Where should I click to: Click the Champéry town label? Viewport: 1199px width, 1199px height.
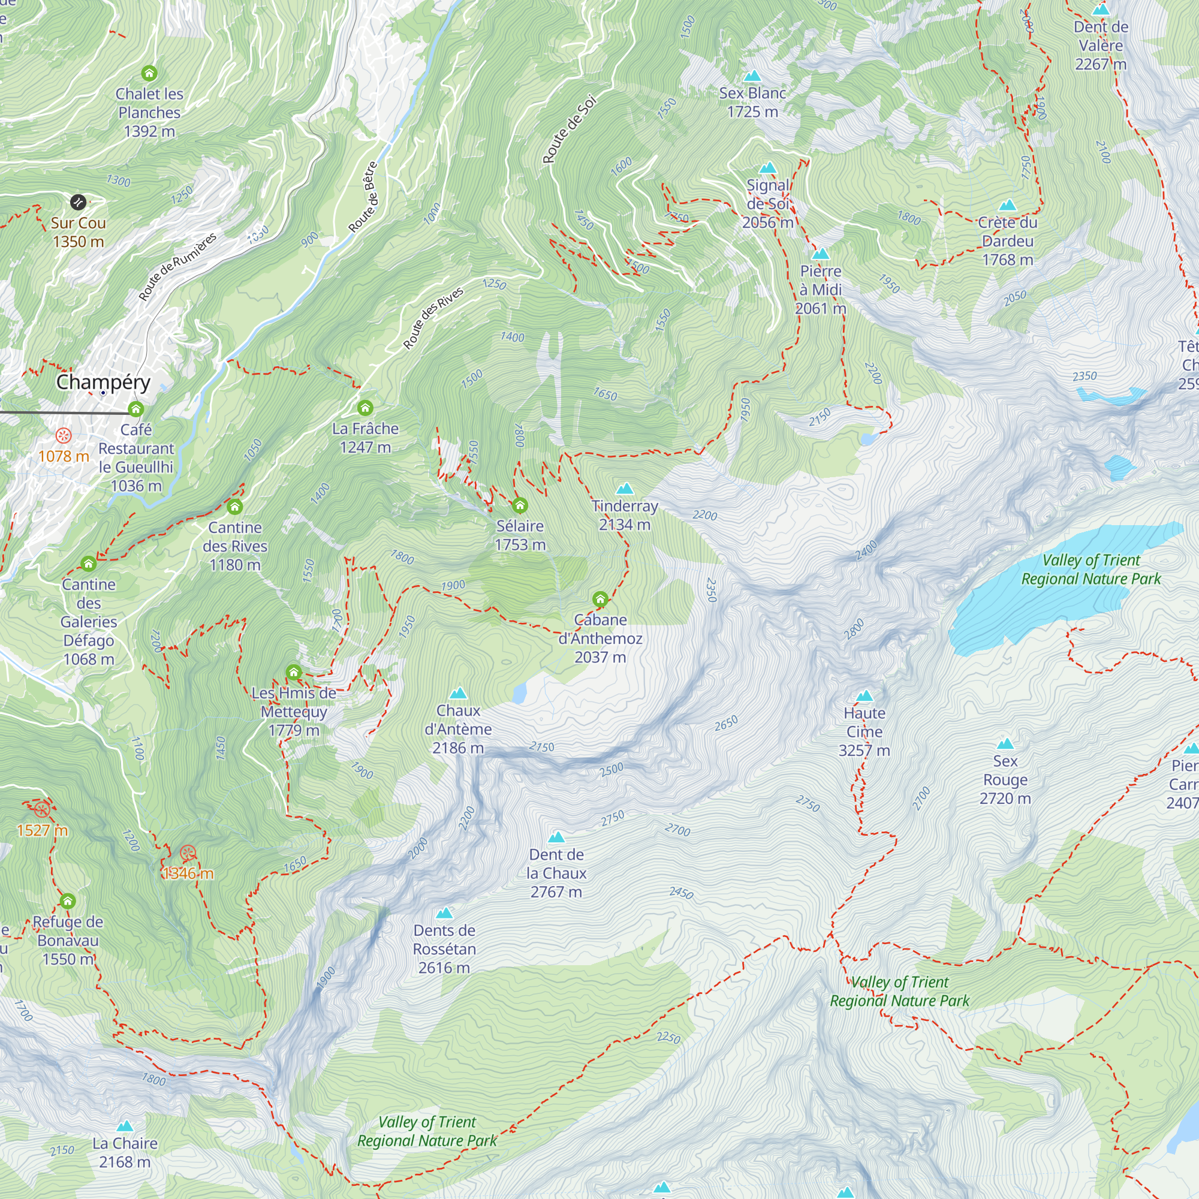point(103,382)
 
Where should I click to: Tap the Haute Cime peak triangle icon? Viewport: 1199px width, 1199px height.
point(864,695)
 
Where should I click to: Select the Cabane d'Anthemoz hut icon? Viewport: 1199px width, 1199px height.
point(599,599)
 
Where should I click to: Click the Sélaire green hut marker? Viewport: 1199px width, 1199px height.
point(520,505)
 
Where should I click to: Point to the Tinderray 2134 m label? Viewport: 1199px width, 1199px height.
point(624,515)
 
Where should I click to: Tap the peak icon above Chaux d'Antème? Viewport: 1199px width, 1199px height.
point(458,693)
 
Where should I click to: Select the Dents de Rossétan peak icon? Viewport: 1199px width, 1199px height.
point(444,913)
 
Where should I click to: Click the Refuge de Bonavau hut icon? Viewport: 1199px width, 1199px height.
point(68,900)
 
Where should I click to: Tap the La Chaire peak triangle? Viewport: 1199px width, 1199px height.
point(125,1126)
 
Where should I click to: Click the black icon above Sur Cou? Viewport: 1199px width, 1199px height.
point(77,201)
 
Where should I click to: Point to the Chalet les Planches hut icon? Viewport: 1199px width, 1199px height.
point(149,73)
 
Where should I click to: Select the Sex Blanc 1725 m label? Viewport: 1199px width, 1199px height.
point(752,103)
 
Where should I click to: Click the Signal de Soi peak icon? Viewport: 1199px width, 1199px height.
point(769,168)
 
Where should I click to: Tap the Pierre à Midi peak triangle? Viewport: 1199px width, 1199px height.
point(821,254)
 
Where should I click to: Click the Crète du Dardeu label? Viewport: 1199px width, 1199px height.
point(1007,241)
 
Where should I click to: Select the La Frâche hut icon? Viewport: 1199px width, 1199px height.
point(365,408)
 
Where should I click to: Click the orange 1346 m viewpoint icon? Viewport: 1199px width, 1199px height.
point(188,852)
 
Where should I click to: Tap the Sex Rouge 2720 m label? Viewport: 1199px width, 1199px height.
point(1005,779)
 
